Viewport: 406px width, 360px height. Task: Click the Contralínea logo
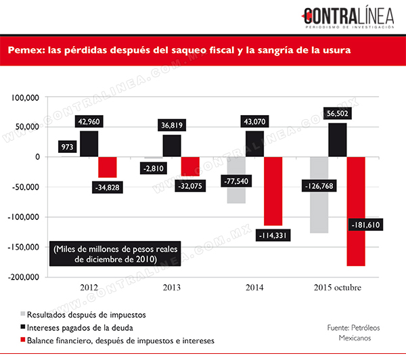[348, 17]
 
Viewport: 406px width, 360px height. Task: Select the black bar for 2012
[89, 143]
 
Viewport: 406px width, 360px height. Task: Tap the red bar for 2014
[273, 191]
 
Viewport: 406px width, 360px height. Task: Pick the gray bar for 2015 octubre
[319, 195]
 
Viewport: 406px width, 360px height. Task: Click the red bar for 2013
[190, 166]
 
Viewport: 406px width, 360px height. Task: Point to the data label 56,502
[338, 114]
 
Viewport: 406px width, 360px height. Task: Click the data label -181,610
[365, 225]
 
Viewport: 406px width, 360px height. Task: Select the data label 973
[67, 147]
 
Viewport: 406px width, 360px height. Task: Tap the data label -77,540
[236, 181]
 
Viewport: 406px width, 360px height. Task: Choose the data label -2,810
[154, 168]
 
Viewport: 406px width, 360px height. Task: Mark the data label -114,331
[273, 235]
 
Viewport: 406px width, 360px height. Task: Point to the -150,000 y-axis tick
[23, 247]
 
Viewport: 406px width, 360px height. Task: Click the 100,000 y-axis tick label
[25, 97]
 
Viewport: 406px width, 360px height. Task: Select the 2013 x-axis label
[172, 288]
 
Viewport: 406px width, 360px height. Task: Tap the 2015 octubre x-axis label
[338, 288]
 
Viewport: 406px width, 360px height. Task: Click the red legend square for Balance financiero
[23, 340]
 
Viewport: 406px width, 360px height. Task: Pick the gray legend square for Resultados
[23, 314]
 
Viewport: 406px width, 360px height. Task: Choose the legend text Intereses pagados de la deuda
[80, 328]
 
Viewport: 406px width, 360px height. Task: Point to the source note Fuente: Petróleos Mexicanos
[354, 333]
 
